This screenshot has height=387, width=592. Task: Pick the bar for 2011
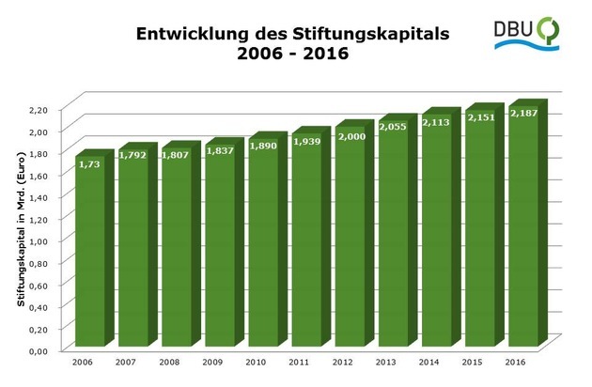307,244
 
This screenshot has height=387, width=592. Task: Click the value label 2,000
351,136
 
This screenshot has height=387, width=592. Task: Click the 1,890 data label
265,147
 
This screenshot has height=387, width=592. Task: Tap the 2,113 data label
438,122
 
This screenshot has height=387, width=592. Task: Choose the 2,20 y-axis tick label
38,110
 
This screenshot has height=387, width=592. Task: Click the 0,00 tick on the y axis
38,350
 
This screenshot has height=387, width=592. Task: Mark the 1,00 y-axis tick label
38,241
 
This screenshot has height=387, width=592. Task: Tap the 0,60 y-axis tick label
38,285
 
